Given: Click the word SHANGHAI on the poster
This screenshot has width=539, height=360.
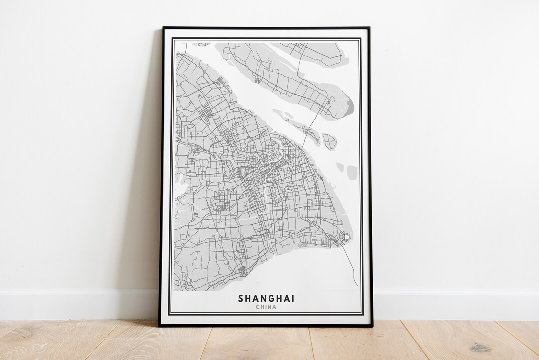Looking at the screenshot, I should (266, 298).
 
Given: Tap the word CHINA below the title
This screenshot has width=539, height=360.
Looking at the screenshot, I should (266, 307).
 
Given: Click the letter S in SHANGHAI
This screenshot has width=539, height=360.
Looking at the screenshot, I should (241, 298).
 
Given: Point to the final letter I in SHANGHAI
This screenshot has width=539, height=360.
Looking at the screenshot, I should (293, 298).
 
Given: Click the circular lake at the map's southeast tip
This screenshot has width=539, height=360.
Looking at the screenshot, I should (346, 236).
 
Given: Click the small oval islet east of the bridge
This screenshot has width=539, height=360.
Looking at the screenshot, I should (329, 141).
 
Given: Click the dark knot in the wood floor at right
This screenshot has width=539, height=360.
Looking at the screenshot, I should (480, 347).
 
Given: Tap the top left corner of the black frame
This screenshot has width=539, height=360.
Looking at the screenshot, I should (164, 28).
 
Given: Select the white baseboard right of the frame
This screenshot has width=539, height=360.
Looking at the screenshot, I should (454, 304).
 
